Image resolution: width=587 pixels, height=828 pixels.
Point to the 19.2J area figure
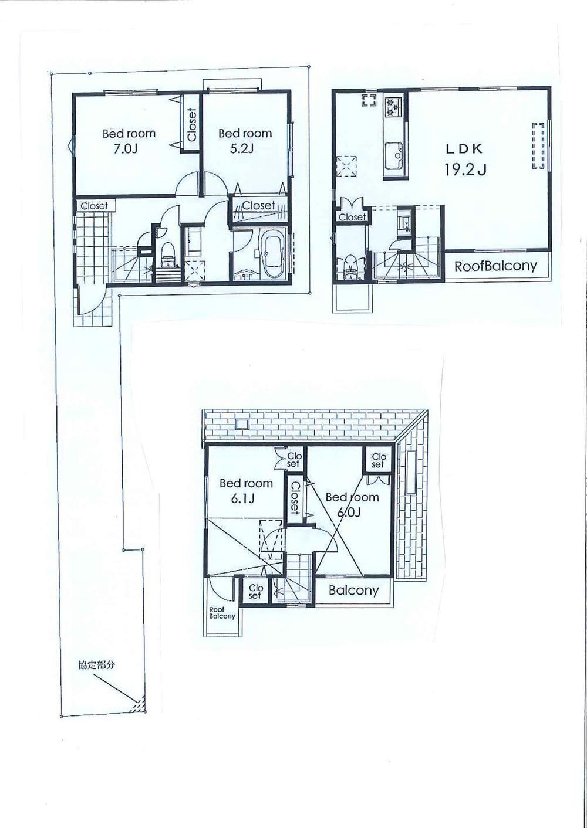(x=465, y=169)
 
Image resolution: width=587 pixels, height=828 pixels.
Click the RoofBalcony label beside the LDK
(x=495, y=266)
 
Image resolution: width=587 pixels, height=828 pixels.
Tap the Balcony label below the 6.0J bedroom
(x=353, y=590)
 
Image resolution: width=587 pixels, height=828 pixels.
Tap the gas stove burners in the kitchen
(x=392, y=106)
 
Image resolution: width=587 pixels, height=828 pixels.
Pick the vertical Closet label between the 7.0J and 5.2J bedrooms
(x=191, y=125)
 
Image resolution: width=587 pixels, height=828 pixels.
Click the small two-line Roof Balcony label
(x=222, y=613)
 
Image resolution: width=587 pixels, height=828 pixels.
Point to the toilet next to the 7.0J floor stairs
(x=168, y=253)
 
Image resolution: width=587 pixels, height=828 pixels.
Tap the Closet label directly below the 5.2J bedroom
(x=258, y=205)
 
